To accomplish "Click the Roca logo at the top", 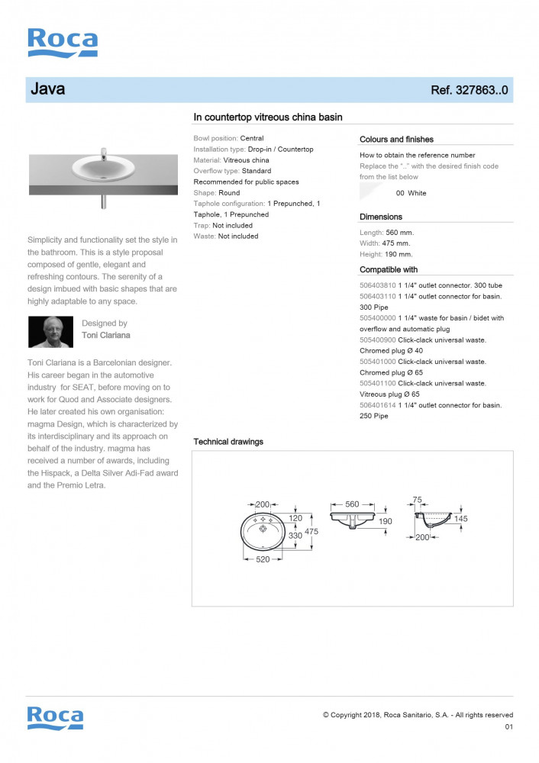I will coord(63,43).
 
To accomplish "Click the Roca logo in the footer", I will coord(55,718).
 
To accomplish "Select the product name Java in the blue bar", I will coord(47,89).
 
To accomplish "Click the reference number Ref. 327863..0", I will coord(470,90).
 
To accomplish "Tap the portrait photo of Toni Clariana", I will coord(50,332).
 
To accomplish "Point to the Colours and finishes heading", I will coord(396,140).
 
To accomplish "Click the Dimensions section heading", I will coord(381,217).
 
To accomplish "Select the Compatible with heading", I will coord(389,269).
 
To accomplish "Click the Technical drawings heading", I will coord(228,442).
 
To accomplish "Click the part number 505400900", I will coord(378,340).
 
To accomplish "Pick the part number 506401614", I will coord(378,405).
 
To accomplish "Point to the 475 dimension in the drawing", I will coord(311,531).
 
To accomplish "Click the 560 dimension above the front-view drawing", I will coord(352,504).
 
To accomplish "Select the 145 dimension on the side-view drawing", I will coord(460,519).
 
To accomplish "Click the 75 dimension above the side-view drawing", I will coord(417,500).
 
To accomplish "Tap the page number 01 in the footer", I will coord(509,727).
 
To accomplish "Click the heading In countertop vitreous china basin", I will coord(268,117).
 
